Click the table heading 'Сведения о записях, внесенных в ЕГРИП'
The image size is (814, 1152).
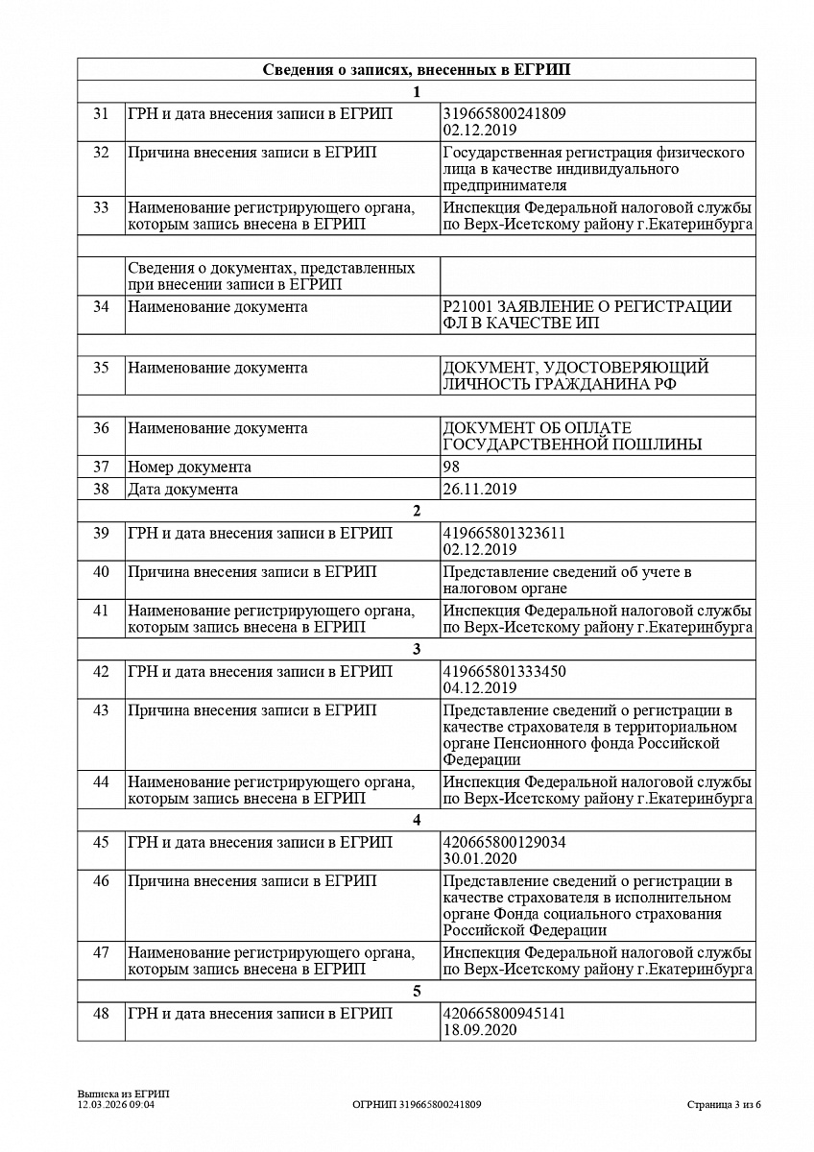tap(416, 70)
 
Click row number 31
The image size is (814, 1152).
tap(101, 114)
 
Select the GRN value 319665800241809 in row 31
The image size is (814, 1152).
tap(504, 113)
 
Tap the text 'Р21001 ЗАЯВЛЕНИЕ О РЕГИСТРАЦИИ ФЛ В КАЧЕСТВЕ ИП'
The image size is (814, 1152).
tap(587, 315)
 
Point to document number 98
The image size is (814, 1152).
tap(451, 468)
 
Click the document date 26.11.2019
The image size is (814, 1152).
tap(480, 490)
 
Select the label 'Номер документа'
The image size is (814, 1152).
tap(190, 468)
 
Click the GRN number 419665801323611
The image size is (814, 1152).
tap(504, 534)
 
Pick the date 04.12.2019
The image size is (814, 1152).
tap(480, 688)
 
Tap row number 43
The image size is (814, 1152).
tap(101, 710)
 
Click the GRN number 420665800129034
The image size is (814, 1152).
tap(504, 842)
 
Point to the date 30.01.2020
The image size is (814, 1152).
tap(480, 858)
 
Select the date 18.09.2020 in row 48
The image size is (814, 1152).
tap(480, 1030)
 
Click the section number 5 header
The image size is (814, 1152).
tap(416, 992)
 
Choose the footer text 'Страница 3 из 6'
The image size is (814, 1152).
tap(724, 1105)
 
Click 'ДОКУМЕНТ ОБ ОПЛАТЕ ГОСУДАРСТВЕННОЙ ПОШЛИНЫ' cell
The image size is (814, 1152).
tap(572, 436)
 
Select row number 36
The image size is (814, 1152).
tap(101, 428)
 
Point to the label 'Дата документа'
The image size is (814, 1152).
tap(183, 490)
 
